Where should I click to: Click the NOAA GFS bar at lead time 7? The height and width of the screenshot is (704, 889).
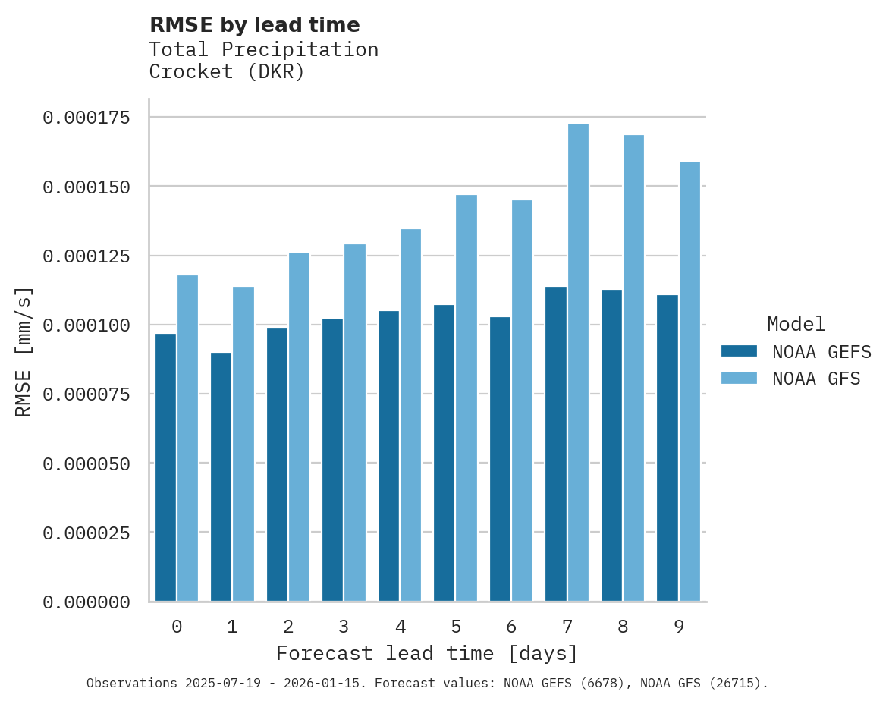[x=578, y=363]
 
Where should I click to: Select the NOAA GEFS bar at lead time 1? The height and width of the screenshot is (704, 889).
[x=221, y=476]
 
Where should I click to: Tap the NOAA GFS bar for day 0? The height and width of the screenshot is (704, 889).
[x=187, y=438]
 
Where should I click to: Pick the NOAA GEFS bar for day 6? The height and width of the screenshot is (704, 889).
[x=500, y=459]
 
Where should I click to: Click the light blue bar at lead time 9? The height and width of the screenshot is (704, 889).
[x=690, y=381]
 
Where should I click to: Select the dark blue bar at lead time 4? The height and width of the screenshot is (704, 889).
[x=388, y=456]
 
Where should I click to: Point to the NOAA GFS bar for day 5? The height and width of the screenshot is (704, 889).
[x=466, y=398]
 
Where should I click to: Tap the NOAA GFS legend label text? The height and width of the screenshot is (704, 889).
[x=816, y=379]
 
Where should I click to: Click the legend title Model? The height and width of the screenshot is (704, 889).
[x=796, y=325]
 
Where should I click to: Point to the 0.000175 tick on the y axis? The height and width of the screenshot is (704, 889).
[x=86, y=118]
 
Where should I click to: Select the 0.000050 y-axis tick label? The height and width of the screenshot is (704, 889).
[x=86, y=464]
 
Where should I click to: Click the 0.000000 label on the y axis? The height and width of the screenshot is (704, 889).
[x=86, y=602]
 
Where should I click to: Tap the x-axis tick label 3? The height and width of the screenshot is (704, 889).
[x=344, y=627]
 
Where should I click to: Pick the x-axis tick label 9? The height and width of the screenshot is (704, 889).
[x=679, y=627]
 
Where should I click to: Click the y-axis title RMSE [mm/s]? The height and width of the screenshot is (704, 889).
[x=24, y=352]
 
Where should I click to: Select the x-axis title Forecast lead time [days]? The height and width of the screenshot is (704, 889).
[x=427, y=653]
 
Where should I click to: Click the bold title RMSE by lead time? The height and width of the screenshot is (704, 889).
[x=254, y=25]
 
